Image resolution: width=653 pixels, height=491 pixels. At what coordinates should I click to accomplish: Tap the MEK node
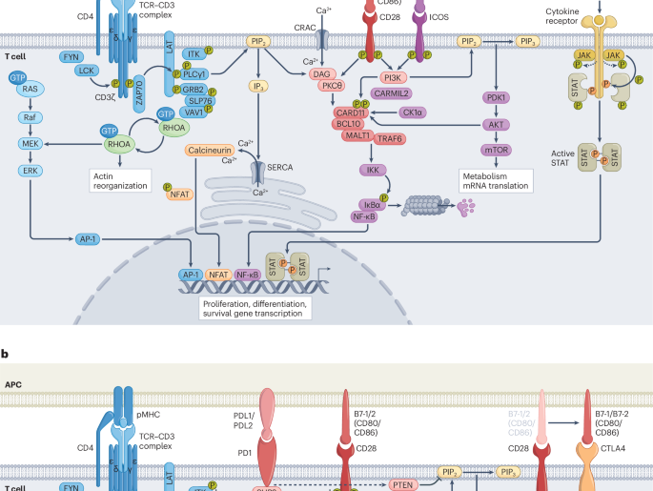tap(29, 144)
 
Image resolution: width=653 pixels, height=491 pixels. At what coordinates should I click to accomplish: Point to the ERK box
tap(29, 170)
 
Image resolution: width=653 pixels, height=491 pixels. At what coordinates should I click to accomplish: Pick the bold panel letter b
tap(6, 354)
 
